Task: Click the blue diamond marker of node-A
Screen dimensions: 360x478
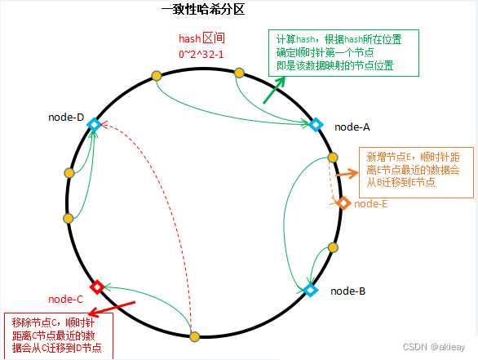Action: click(316, 125)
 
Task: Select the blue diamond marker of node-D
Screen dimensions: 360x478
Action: click(94, 124)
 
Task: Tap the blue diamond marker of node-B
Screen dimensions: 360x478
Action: click(310, 289)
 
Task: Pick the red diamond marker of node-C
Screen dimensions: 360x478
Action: click(96, 287)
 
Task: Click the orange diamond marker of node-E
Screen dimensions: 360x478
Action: click(343, 203)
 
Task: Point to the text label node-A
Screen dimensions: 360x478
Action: click(352, 127)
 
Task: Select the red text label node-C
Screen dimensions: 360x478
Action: click(66, 300)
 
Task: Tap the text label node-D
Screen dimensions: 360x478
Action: click(66, 118)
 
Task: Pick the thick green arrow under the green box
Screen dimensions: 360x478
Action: click(274, 90)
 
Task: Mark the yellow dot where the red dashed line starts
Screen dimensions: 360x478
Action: click(194, 336)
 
